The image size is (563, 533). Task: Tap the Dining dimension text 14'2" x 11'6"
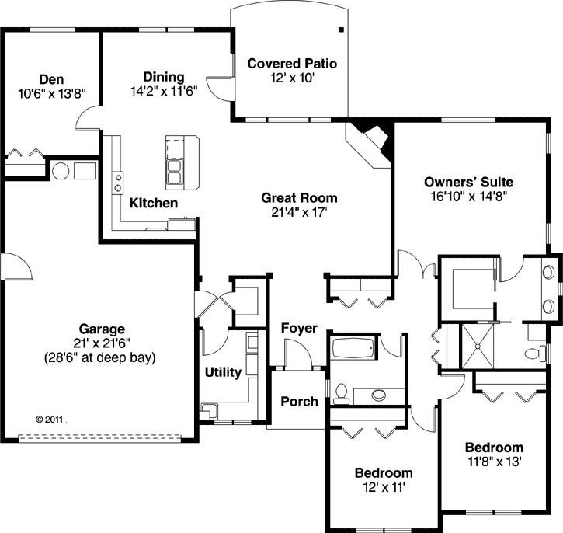[x=163, y=90]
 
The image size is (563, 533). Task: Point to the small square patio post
[x=340, y=30]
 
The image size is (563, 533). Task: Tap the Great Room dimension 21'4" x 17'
[x=299, y=211]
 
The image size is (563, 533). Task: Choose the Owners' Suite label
[x=468, y=183]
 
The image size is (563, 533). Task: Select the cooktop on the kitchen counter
[x=118, y=183]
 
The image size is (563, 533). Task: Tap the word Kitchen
[x=153, y=203]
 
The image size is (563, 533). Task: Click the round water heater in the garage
[x=61, y=170]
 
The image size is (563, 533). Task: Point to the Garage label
[x=102, y=329]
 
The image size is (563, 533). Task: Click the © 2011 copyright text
[x=50, y=418]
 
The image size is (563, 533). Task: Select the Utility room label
[x=222, y=372]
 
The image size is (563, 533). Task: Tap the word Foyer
[x=299, y=328]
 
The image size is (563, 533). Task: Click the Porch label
[x=299, y=401]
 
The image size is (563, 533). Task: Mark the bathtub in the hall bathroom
[x=354, y=347]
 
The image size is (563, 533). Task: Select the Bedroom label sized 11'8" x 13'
[x=494, y=448]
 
